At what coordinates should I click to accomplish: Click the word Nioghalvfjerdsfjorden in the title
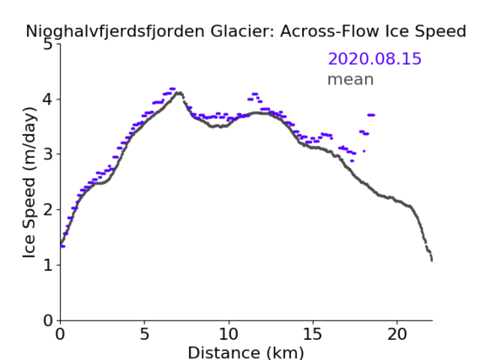click(x=115, y=32)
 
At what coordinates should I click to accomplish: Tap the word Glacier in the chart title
click(x=241, y=31)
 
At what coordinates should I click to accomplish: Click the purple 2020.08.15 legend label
click(x=375, y=59)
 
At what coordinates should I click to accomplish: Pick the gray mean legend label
click(x=351, y=79)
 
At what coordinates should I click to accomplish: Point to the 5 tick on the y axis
click(x=48, y=45)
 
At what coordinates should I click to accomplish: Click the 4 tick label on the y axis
click(x=48, y=99)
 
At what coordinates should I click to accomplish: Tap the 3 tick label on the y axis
click(x=48, y=154)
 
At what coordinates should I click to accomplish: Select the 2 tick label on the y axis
click(x=48, y=210)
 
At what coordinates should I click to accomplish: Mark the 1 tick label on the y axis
click(x=48, y=266)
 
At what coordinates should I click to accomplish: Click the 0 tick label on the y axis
click(x=48, y=320)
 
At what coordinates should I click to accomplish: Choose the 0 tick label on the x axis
click(x=60, y=335)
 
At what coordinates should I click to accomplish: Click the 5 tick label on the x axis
click(x=144, y=335)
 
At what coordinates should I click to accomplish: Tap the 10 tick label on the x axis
click(x=229, y=335)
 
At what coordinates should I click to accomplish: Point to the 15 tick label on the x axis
click(x=313, y=335)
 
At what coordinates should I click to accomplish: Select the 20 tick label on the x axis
click(x=397, y=335)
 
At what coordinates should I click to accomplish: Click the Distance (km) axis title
click(x=245, y=352)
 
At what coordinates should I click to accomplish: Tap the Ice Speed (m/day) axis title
click(x=30, y=182)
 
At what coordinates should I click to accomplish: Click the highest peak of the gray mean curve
click(x=180, y=93)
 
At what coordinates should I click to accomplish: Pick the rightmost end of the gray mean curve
click(x=432, y=261)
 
